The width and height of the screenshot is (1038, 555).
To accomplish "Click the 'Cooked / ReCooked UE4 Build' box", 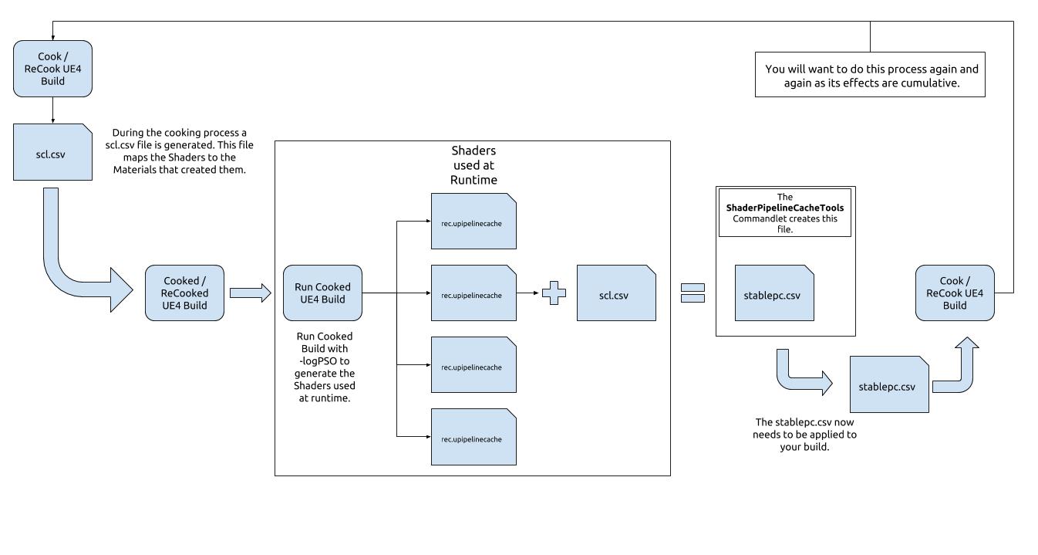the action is point(184,293).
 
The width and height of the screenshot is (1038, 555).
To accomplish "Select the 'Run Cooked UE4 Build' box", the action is point(322,293).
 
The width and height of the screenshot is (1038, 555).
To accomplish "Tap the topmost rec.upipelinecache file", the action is point(474,222).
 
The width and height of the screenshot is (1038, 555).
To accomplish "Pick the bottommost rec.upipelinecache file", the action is point(474,437).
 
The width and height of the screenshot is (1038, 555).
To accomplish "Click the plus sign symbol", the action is point(554,293).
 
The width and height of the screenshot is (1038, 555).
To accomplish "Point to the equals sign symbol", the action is point(693,293).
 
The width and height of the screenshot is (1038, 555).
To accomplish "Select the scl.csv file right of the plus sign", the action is point(616,293).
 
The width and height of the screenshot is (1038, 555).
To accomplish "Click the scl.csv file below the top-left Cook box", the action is point(53,152).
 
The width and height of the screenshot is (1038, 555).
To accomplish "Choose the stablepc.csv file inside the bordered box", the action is point(774,293).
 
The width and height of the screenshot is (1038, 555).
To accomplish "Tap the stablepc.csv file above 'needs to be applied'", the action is point(889,384).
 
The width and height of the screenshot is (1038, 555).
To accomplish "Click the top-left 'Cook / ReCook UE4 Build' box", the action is point(53,69).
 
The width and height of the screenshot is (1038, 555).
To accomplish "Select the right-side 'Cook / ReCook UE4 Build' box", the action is point(955,293).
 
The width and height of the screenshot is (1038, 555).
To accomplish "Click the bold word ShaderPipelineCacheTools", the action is point(785,208).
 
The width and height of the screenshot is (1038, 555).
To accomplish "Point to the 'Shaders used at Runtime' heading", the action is point(474,165).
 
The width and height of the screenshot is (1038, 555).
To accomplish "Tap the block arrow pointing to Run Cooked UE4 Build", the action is point(250,293).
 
